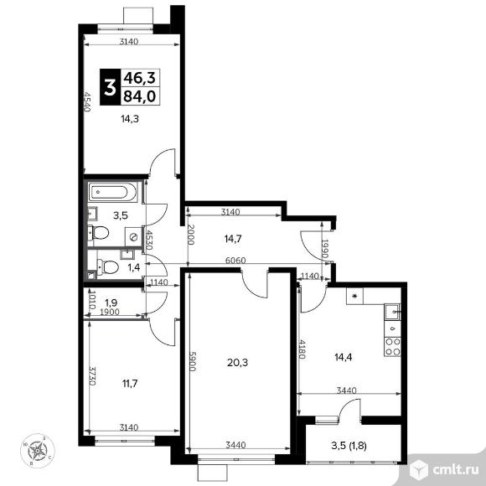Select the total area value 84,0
coord(140,96)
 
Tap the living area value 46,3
coord(140,77)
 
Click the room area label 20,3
coord(238,363)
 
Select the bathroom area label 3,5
coord(121,215)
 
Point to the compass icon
coord(38,452)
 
